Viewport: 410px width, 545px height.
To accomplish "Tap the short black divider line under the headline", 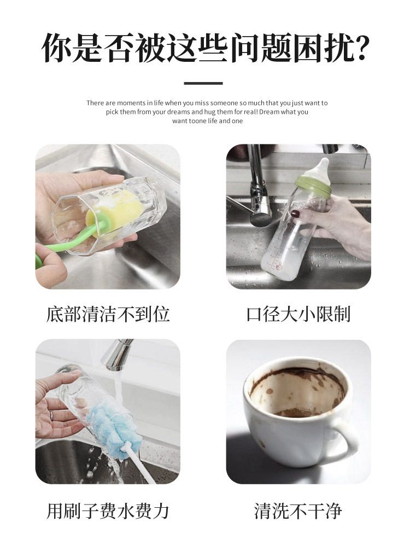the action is pyautogui.click(x=203, y=83).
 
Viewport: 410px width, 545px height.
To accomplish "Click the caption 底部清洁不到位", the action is pyautogui.click(x=108, y=314).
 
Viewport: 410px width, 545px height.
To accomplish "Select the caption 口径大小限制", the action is pyautogui.click(x=298, y=314).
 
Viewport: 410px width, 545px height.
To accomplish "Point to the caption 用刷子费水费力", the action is pyautogui.click(x=108, y=511).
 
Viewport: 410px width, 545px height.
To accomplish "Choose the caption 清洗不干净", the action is pyautogui.click(x=298, y=511).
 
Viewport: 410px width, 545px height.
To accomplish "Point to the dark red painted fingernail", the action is pyautogui.click(x=295, y=213).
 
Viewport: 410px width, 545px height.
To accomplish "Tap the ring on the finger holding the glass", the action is pyautogui.click(x=51, y=415).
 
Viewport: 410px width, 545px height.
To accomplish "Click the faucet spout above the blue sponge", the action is pyautogui.click(x=118, y=355).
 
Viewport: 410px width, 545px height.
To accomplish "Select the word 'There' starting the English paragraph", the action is pyautogui.click(x=95, y=103).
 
